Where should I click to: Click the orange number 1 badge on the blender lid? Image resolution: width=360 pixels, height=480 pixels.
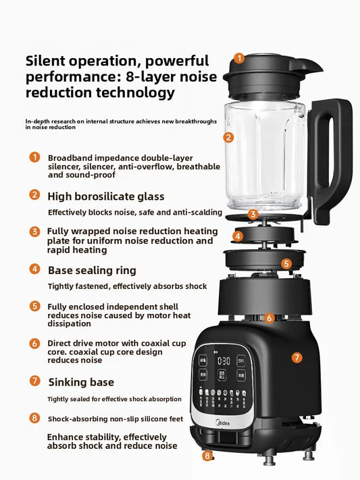pyautogui.click(x=239, y=59)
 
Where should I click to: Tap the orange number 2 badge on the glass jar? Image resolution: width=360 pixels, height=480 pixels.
pyautogui.click(x=229, y=137)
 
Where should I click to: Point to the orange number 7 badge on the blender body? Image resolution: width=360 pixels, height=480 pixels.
pyautogui.click(x=297, y=357)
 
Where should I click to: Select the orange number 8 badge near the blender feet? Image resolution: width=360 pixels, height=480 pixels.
pyautogui.click(x=207, y=456)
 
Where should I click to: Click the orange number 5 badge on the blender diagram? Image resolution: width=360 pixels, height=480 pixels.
pyautogui.click(x=286, y=264)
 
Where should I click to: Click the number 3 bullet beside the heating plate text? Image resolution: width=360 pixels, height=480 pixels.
pyautogui.click(x=34, y=232)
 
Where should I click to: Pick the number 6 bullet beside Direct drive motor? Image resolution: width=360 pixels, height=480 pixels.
pyautogui.click(x=34, y=343)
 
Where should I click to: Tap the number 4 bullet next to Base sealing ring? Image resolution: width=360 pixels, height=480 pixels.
pyautogui.click(x=34, y=269)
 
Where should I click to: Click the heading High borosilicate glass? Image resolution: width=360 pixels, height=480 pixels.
pyautogui.click(x=105, y=196)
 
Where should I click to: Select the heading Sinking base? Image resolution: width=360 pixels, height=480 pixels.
pyautogui.click(x=80, y=381)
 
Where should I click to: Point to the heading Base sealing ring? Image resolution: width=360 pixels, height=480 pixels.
pyautogui.click(x=92, y=270)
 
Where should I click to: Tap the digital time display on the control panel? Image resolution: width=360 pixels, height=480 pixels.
pyautogui.click(x=224, y=361)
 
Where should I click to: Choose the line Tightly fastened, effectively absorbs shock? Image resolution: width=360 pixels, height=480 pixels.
pyautogui.click(x=127, y=286)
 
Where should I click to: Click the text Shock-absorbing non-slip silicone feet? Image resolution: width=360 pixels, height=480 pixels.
pyautogui.click(x=115, y=419)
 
